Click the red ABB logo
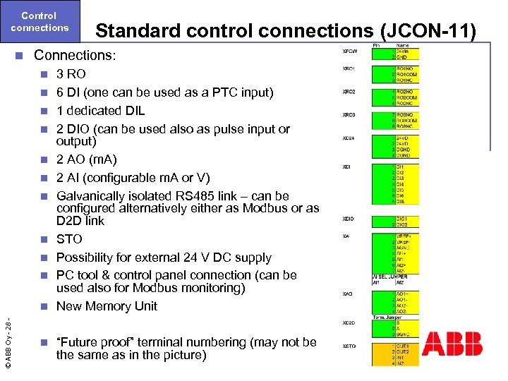point(452,344)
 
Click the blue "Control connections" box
point(40,21)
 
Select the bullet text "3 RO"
point(71,74)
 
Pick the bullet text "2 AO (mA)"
point(87,159)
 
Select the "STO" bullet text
point(69,239)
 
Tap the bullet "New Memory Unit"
point(107,306)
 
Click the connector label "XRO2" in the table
point(349,92)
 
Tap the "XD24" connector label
point(349,138)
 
